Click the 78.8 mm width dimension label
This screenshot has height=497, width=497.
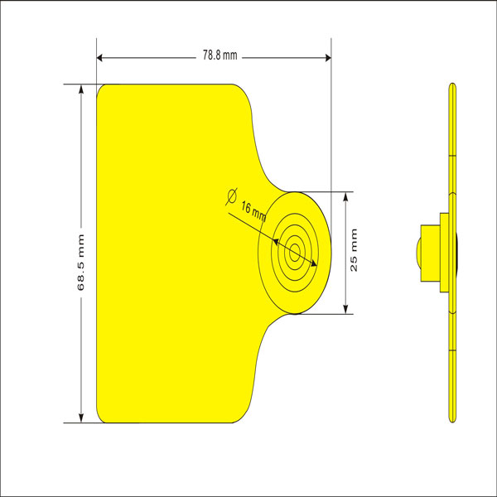pos(220,56)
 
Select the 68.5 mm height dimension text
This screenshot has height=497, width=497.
pos(80,253)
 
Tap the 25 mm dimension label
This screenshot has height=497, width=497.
pos(354,253)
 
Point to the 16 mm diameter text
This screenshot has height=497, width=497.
pos(253,210)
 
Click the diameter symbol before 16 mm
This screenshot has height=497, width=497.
pos(232,195)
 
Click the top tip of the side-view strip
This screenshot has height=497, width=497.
pos(451,86)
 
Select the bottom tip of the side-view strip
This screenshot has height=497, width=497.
pos(451,419)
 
